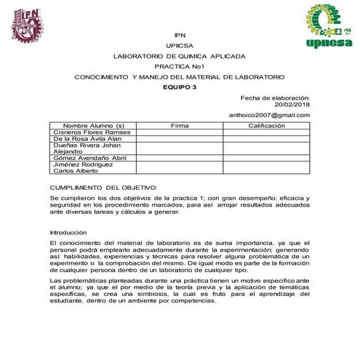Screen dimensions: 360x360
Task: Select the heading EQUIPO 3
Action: [180, 87]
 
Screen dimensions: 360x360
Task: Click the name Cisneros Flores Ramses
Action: [91, 132]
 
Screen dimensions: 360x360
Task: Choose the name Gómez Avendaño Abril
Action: [90, 158]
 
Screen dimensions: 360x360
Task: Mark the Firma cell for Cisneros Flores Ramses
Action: [180, 132]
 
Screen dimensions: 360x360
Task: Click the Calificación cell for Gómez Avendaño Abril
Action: [266, 158]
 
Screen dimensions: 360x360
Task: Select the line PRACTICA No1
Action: [180, 66]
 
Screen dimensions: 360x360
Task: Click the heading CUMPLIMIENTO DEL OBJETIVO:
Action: [103, 187]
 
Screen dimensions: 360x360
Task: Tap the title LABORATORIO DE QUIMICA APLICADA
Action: [180, 56]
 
